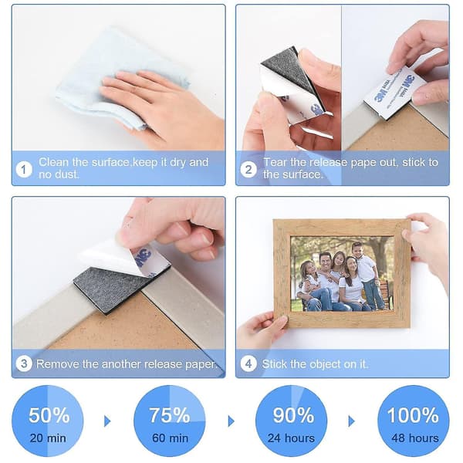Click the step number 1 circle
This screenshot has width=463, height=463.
(x=24, y=170)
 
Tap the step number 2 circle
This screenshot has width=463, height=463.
(x=248, y=170)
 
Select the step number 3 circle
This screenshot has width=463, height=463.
(x=24, y=363)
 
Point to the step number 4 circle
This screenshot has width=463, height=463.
(x=248, y=363)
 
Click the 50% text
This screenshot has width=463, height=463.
(x=49, y=415)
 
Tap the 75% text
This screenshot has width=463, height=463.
(x=170, y=415)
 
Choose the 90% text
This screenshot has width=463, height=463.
(x=293, y=415)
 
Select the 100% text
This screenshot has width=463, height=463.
(x=413, y=415)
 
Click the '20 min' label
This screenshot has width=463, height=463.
(x=48, y=438)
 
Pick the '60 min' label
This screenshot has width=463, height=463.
(x=170, y=438)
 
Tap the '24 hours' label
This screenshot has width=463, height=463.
(x=291, y=438)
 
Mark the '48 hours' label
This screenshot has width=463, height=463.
(x=415, y=438)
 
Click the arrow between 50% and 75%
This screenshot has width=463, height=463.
(x=107, y=421)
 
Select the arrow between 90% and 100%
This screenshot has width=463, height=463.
(x=351, y=421)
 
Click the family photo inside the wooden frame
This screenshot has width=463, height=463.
(x=342, y=273)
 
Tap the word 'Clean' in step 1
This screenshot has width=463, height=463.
(x=53, y=162)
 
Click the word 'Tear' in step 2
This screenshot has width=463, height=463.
(x=275, y=162)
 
